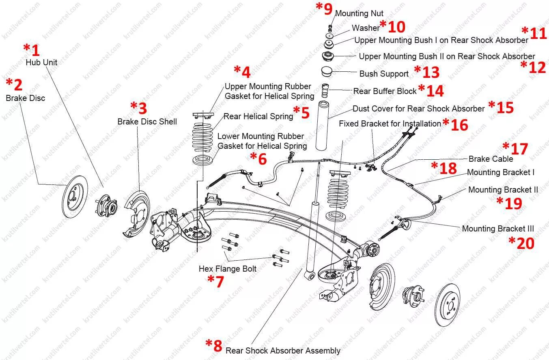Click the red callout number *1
[32, 50]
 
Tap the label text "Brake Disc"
[25, 98]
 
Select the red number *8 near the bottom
[214, 345]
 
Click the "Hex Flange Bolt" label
[227, 268]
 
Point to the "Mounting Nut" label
[359, 14]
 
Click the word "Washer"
[365, 28]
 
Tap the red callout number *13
[427, 72]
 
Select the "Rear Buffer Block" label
[385, 91]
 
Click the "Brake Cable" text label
[491, 159]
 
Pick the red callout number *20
[522, 243]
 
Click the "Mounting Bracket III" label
[498, 229]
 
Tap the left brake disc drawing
[76, 196]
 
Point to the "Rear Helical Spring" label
[258, 116]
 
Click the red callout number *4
[242, 72]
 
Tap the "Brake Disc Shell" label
[147, 122]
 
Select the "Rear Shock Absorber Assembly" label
[283, 351]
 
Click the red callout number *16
[455, 124]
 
